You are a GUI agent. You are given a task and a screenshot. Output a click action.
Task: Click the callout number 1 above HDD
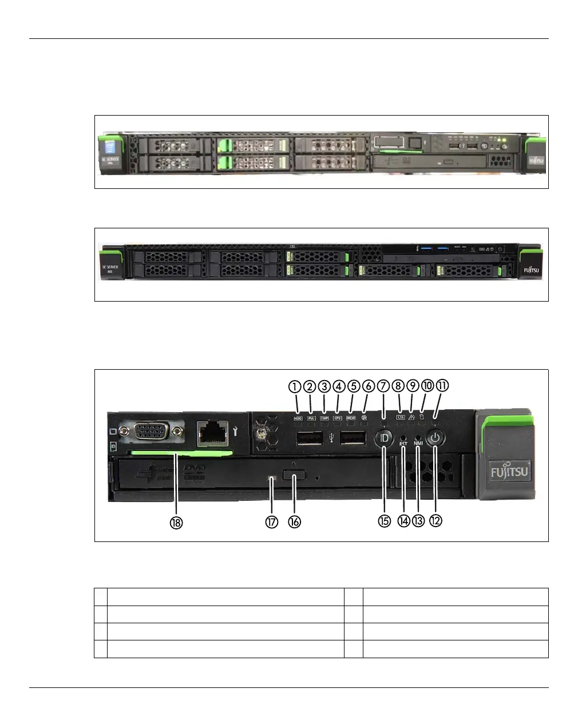point(295,387)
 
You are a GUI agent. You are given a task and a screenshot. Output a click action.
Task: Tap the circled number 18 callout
point(176,523)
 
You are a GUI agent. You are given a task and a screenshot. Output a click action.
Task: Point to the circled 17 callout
point(271,522)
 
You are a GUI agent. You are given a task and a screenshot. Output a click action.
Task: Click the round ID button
point(384,439)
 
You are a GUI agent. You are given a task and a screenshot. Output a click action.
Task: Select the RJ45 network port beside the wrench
point(213,433)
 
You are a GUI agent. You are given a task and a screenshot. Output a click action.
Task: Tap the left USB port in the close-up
point(309,439)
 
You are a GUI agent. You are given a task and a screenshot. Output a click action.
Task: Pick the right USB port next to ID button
point(353,439)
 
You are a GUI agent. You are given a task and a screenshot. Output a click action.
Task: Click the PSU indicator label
point(312,418)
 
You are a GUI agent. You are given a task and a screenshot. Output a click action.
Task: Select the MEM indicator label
point(351,418)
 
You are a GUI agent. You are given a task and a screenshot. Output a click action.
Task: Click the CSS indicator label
point(400,417)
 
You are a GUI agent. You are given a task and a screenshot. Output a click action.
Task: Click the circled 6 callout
point(368,387)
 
